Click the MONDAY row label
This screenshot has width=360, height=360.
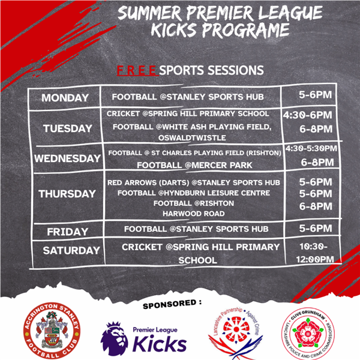pyautogui.click(x=65, y=98)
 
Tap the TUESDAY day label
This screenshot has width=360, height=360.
pyautogui.click(x=67, y=128)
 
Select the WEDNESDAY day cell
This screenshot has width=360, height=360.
pyautogui.click(x=67, y=158)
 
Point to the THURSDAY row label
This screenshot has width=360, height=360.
pyautogui.click(x=67, y=194)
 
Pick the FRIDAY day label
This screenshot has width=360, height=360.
pyautogui.click(x=68, y=232)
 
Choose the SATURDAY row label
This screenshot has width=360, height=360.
pyautogui.click(x=71, y=250)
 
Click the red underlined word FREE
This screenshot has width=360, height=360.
pyautogui.click(x=137, y=70)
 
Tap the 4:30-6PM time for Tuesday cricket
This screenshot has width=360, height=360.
pyautogui.click(x=307, y=115)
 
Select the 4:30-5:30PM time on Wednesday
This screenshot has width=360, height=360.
pyautogui.click(x=311, y=148)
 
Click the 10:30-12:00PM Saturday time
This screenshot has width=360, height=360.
pyautogui.click(x=314, y=253)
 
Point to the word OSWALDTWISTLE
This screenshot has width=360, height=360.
pyautogui.click(x=192, y=138)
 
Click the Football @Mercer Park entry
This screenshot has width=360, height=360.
pyautogui.click(x=194, y=165)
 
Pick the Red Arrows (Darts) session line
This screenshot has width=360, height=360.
pyautogui.click(x=194, y=182)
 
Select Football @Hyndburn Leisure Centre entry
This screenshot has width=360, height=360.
pyautogui.click(x=194, y=193)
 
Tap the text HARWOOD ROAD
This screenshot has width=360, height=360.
pyautogui.click(x=194, y=214)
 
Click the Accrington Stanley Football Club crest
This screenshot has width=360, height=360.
pyautogui.click(x=52, y=331)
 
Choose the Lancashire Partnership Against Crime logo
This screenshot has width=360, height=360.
pyautogui.click(x=236, y=333)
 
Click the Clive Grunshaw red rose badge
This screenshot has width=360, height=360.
pyautogui.click(x=308, y=334)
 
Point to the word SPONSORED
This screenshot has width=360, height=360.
pyautogui.click(x=170, y=304)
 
